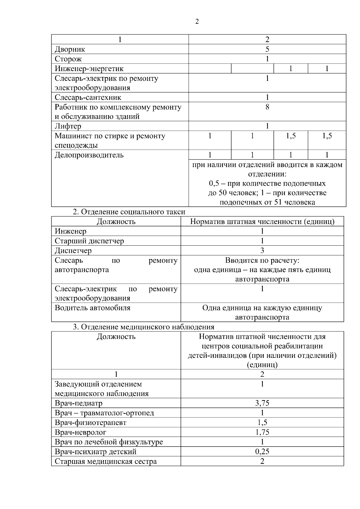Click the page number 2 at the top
click(x=197, y=22)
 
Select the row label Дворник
click(x=70, y=49)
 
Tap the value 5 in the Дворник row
click(x=267, y=49)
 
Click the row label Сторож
click(x=68, y=59)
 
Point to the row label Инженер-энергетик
click(x=89, y=69)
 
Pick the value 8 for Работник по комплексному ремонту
click(x=267, y=107)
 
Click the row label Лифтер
click(x=68, y=126)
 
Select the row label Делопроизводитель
click(x=89, y=155)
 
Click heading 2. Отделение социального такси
click(x=129, y=212)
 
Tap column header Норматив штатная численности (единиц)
click(x=262, y=222)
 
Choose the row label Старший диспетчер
click(x=89, y=241)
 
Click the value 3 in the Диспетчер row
click(x=262, y=250)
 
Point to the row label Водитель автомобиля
click(x=92, y=308)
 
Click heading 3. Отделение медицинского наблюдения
click(x=144, y=327)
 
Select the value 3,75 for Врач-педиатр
click(x=262, y=403)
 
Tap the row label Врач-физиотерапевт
click(x=91, y=423)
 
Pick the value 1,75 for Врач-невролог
click(x=262, y=432)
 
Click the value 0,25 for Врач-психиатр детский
click(x=262, y=451)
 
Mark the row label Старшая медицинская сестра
click(x=106, y=461)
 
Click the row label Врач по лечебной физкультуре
click(x=109, y=442)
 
